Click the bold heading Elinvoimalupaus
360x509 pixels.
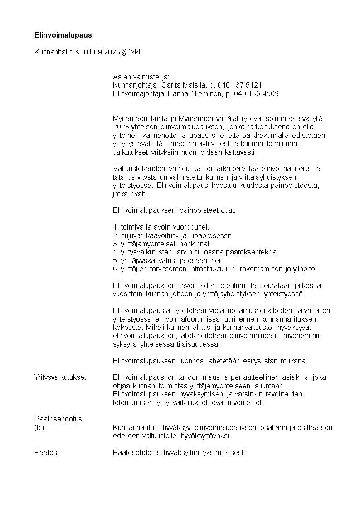pyautogui.click(x=63, y=34)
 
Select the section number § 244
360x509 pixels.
pyautogui.click(x=131, y=52)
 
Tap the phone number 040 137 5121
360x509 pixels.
pyautogui.click(x=239, y=85)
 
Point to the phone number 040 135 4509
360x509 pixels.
pyautogui.click(x=256, y=93)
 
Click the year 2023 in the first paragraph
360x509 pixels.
pyautogui.click(x=120, y=127)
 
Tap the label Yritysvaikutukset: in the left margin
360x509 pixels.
pyautogui.click(x=61, y=377)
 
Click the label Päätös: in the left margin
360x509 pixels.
pyautogui.click(x=46, y=452)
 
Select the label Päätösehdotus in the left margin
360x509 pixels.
pyautogui.click(x=58, y=419)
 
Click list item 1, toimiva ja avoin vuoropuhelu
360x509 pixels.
pyautogui.click(x=162, y=227)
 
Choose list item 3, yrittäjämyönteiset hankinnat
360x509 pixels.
pyautogui.click(x=160, y=244)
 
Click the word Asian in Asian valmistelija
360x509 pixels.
pyautogui.click(x=121, y=77)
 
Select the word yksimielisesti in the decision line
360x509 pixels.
pyautogui.click(x=225, y=452)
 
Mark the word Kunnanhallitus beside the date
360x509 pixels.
pyautogui.click(x=57, y=52)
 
